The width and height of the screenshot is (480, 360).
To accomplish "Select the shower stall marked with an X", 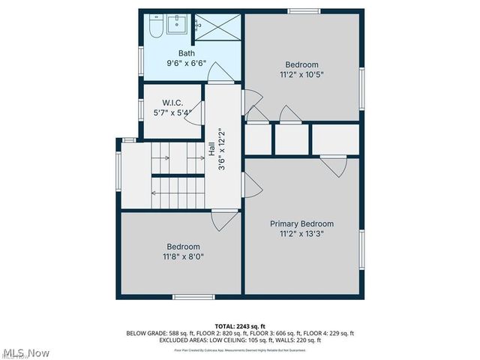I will (x=217, y=28).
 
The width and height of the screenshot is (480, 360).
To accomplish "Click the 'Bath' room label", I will (x=186, y=53).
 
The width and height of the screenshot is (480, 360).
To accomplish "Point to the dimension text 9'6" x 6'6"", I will (x=186, y=64).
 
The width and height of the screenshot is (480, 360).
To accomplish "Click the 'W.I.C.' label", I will (x=172, y=103).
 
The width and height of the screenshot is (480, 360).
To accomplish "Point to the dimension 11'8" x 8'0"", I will (x=183, y=256).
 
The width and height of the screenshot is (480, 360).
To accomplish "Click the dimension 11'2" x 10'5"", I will (x=301, y=74).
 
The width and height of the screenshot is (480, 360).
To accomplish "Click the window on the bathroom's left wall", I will (x=140, y=58).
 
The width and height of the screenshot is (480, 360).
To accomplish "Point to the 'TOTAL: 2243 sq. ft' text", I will (x=240, y=326).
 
